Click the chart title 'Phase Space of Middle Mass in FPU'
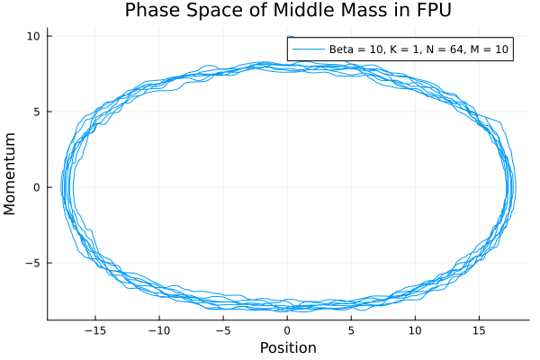click(287, 11)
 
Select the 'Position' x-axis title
click(288, 347)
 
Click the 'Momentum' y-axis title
click(11, 174)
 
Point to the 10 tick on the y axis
click(34, 36)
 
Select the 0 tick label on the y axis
click(37, 187)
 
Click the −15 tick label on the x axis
click(94, 330)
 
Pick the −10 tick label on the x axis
click(158, 330)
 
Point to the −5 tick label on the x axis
click(222, 330)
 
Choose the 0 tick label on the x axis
click(287, 330)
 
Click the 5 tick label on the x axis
click(351, 330)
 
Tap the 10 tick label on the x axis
click(415, 330)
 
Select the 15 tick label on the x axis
click(479, 330)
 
